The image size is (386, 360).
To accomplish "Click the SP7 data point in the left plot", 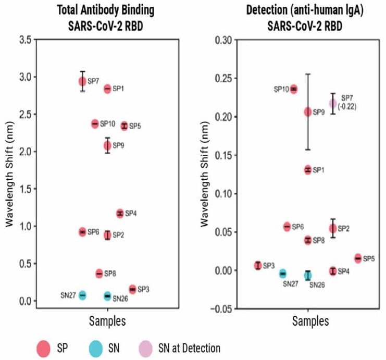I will click(82, 81).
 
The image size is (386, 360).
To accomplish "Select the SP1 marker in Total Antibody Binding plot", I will click(108, 89).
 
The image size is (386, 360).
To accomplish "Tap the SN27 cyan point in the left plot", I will click(82, 295).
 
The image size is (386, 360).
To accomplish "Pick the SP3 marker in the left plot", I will click(132, 289).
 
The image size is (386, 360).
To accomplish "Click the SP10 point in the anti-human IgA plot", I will click(294, 89).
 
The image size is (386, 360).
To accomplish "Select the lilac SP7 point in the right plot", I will click(333, 103).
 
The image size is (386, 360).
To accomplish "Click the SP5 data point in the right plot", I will click(358, 258).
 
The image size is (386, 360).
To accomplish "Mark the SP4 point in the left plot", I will click(120, 213).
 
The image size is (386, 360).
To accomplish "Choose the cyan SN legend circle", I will click(95, 347).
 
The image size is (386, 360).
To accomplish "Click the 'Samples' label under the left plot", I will click(107, 321).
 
